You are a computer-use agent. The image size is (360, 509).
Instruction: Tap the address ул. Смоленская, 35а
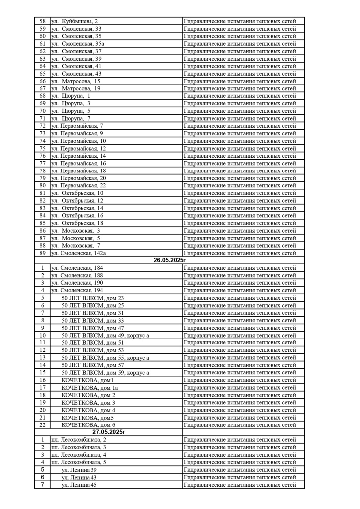[x=78, y=44]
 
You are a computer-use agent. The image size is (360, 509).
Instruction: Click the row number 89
[x=42, y=253]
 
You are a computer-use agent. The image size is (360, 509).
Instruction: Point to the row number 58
[x=42, y=21]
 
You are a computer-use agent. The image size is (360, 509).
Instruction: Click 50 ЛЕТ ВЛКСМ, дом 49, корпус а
[x=105, y=335]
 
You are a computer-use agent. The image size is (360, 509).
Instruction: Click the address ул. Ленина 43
[x=79, y=477]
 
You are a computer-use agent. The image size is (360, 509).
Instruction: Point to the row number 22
[x=42, y=425]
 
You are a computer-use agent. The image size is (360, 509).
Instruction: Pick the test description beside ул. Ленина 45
[x=240, y=485]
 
